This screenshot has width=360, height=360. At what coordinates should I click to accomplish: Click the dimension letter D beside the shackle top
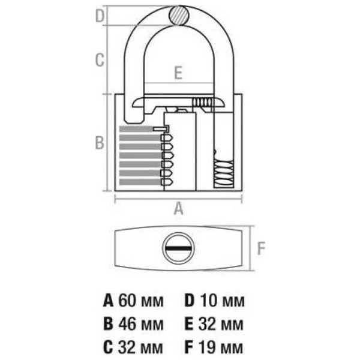[100, 16]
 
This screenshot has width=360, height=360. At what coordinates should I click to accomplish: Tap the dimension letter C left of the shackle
[100, 60]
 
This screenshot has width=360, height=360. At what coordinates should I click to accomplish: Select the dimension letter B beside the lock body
[100, 142]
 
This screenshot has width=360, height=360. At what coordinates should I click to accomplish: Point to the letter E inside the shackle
[178, 73]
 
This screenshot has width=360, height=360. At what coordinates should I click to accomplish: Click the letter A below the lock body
[178, 208]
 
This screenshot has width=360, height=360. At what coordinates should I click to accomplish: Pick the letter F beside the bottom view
[261, 248]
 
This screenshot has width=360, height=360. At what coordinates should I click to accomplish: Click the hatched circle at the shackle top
[179, 16]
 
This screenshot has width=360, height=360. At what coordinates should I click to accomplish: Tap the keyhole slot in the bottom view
[178, 248]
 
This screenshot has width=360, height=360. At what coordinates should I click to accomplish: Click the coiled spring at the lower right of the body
[224, 173]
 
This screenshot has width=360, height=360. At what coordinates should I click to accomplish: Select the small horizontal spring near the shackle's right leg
[202, 102]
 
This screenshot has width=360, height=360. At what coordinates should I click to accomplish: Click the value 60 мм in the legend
[141, 301]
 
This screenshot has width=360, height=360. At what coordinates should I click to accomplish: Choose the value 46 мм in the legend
[141, 324]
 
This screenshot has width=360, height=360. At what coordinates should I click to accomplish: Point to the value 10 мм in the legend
[223, 301]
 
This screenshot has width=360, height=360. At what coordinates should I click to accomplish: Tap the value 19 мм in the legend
[221, 347]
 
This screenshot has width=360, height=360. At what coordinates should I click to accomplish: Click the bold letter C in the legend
[108, 347]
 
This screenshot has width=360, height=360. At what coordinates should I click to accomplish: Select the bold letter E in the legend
[189, 324]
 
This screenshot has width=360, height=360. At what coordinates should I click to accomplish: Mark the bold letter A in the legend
[108, 301]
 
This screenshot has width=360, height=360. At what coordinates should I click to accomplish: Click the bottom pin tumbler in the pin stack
[167, 182]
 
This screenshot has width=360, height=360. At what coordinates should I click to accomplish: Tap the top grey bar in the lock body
[137, 129]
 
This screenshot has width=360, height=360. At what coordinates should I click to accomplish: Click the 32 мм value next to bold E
[221, 324]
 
